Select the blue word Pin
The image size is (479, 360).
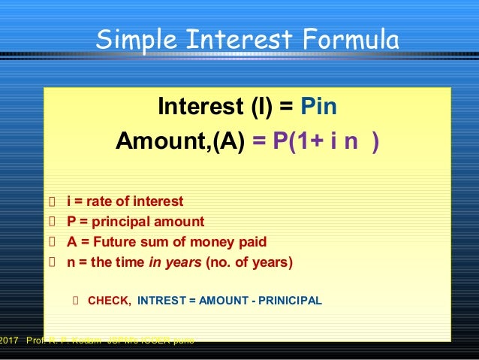[x=318, y=107]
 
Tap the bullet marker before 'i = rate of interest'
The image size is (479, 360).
[x=52, y=201]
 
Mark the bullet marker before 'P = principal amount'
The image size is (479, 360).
[x=52, y=222]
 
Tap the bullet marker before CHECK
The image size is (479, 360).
[x=75, y=301]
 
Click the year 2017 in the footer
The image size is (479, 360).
[x=8, y=340]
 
